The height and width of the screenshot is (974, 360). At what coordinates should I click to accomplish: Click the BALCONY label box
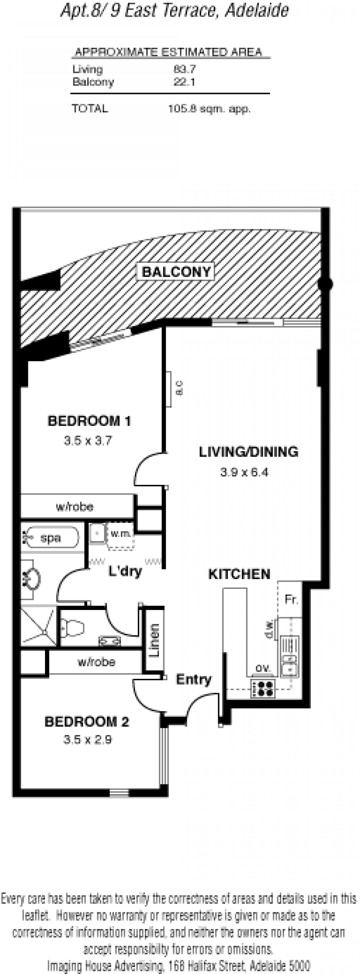[176, 272]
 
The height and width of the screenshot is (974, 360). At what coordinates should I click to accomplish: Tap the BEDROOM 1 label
[89, 421]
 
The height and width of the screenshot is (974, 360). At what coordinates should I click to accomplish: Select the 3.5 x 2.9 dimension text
[88, 739]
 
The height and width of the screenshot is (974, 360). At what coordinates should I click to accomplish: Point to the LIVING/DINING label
[248, 452]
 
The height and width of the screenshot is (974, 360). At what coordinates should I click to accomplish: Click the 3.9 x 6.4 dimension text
[244, 472]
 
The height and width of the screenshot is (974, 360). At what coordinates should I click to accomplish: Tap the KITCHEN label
[239, 574]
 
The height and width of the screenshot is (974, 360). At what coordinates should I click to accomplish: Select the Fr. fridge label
[291, 599]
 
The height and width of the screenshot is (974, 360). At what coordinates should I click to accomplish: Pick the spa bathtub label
[51, 538]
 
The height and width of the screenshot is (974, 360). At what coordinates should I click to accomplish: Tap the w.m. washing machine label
[120, 534]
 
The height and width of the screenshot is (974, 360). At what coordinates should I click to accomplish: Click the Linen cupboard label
[154, 641]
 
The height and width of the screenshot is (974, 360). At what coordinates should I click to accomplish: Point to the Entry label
[193, 679]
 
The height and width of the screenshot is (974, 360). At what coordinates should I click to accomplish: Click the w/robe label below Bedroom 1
[75, 507]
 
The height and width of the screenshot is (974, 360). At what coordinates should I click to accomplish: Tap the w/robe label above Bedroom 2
[96, 662]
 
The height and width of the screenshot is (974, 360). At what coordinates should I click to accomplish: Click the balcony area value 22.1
[184, 82]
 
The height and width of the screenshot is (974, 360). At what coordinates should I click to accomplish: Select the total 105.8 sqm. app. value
[209, 108]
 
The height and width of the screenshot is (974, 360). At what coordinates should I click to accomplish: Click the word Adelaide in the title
[256, 11]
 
